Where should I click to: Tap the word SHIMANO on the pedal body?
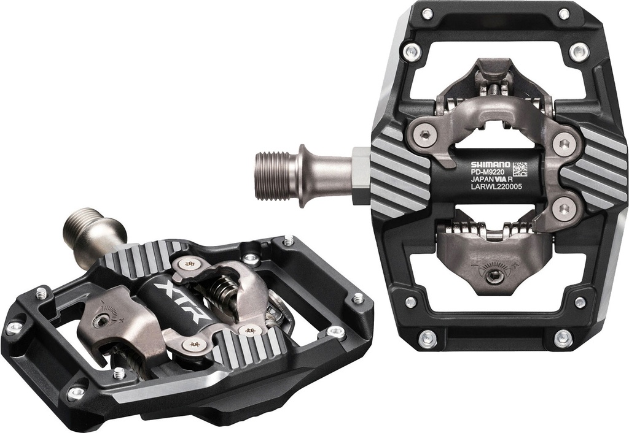[490, 164]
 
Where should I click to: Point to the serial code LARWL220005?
[496, 190]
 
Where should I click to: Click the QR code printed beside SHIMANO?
[520, 168]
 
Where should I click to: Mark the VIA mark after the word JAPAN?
[508, 182]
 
